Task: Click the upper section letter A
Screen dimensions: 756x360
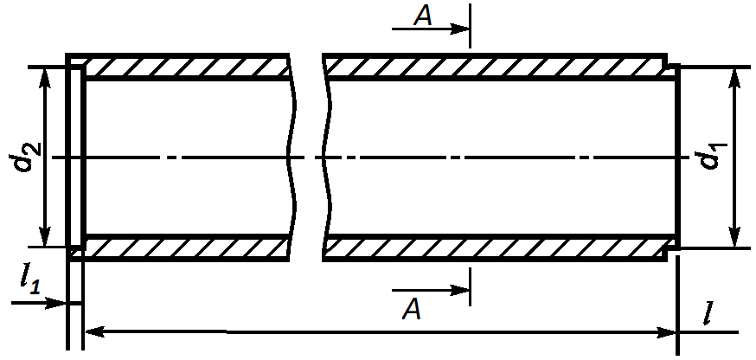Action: point(423,16)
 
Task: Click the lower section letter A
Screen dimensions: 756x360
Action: point(412,309)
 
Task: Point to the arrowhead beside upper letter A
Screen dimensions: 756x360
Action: point(459,29)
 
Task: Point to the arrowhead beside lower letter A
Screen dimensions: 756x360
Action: point(459,291)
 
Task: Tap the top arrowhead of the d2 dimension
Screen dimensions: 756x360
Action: point(45,77)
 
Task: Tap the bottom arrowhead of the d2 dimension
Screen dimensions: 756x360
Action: point(45,236)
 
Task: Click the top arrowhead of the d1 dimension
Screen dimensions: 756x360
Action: point(734,78)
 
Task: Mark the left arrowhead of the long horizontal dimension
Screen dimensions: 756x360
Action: point(95,332)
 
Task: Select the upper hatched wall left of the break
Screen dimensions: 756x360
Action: point(187,67)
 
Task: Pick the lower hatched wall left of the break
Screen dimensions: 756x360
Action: point(187,248)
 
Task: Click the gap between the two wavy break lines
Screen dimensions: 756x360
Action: point(309,157)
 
